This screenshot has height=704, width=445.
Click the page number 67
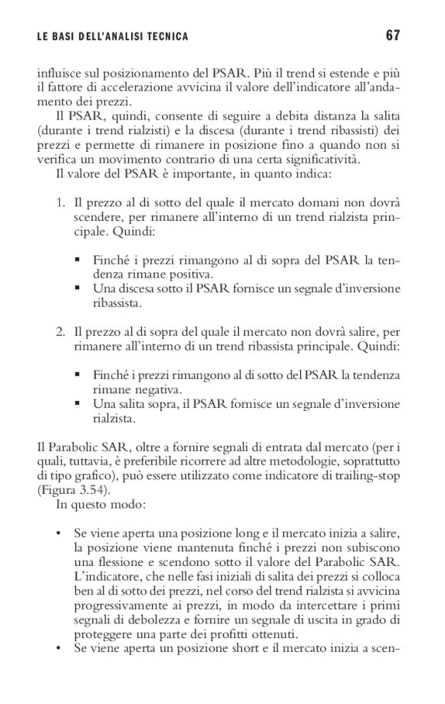point(393,35)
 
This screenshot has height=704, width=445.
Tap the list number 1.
point(58,202)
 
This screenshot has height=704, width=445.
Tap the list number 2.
point(58,333)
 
